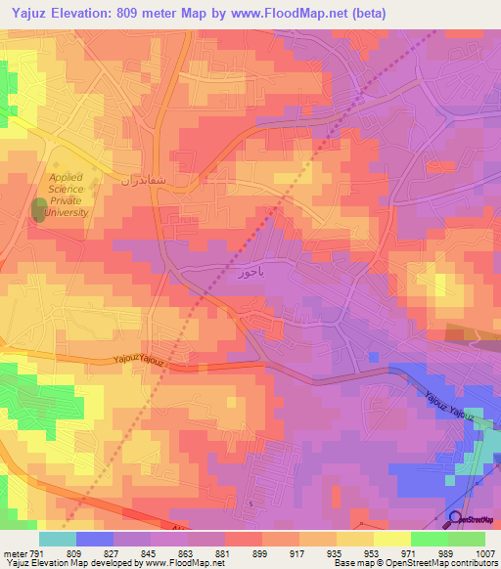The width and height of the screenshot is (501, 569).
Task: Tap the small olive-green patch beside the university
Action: (x=39, y=209)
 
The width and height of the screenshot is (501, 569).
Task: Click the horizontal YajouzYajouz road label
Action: (x=139, y=360)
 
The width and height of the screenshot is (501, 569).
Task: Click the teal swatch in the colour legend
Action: (x=57, y=539)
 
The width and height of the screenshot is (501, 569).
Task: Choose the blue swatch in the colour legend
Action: (x=94, y=539)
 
